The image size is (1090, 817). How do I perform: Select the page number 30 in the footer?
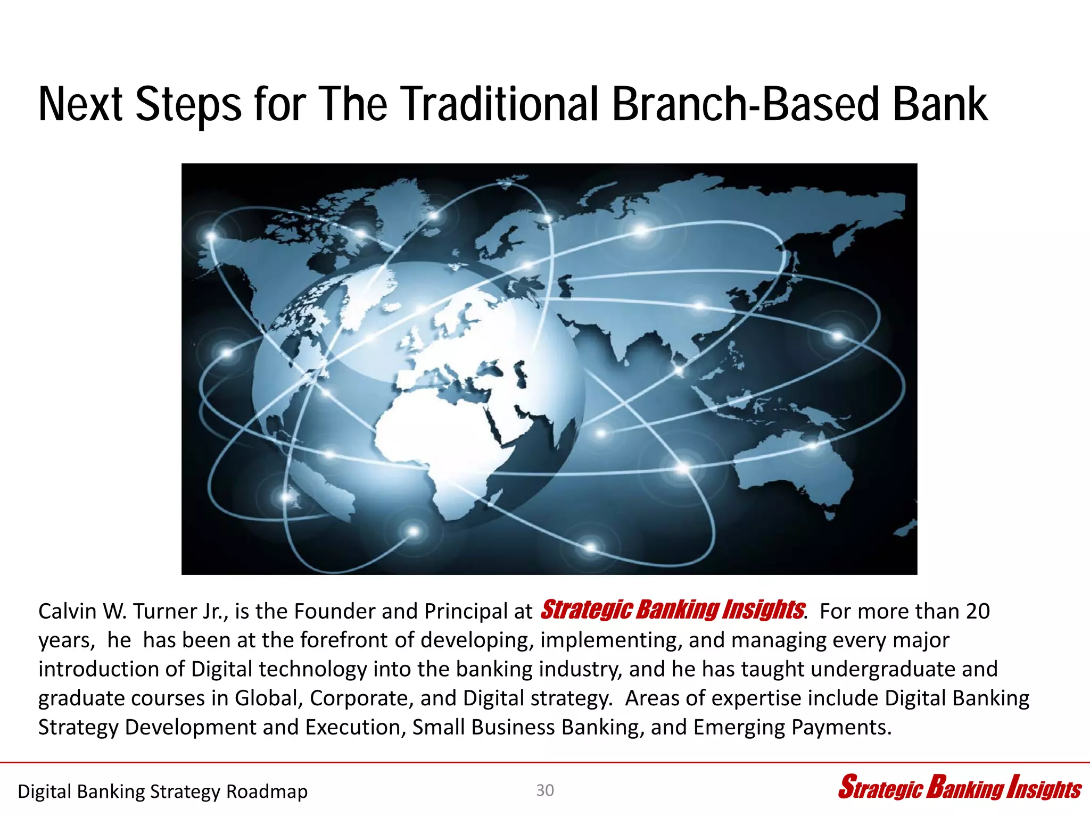pos(545,790)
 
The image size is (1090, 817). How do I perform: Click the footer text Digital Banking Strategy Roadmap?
pos(162,791)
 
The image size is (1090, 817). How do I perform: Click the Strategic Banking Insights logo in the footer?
pos(959,788)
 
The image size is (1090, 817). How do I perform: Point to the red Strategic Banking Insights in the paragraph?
pos(672,610)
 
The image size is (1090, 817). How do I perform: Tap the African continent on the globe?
pos(442,441)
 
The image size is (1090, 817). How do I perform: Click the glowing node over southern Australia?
pos(813,446)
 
